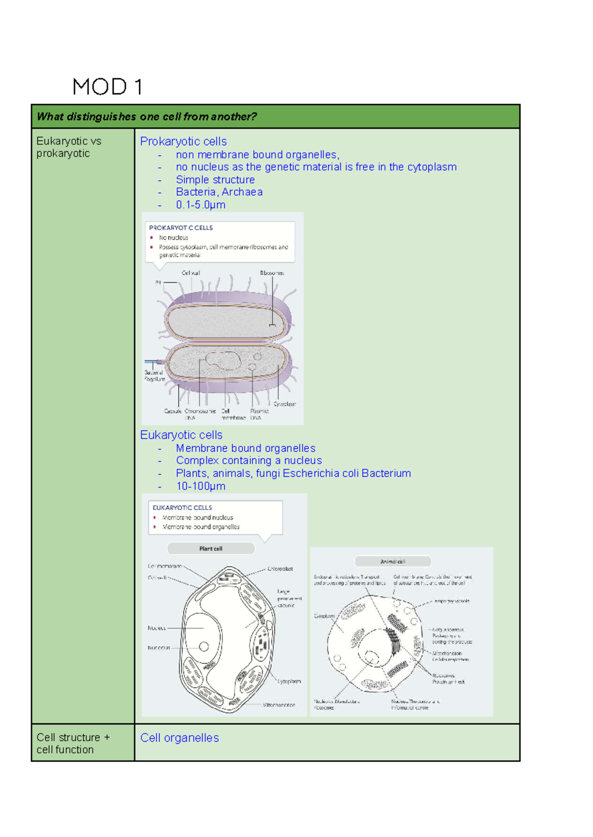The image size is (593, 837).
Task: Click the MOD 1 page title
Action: (107, 87)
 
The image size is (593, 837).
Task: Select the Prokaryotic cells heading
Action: (183, 141)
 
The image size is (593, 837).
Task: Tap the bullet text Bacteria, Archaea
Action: (219, 192)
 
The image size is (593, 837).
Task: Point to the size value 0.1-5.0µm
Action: (201, 205)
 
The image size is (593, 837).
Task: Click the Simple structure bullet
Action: (215, 179)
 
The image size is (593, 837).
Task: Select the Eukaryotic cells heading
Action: (181, 435)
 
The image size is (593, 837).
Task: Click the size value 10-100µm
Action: (201, 486)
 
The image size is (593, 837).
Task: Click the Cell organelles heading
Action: (179, 738)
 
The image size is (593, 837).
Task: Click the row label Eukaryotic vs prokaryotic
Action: (68, 147)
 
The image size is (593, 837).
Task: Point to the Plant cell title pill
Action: (211, 548)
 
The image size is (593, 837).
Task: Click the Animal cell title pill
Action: (393, 562)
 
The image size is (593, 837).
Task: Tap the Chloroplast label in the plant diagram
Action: (280, 569)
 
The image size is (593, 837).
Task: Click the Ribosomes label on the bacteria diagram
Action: (272, 273)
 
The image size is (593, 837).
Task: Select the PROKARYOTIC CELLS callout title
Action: (181, 228)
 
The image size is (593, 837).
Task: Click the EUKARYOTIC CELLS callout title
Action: (182, 507)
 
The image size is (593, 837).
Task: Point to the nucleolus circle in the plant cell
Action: (204, 646)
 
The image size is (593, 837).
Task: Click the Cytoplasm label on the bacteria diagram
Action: (285, 404)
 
